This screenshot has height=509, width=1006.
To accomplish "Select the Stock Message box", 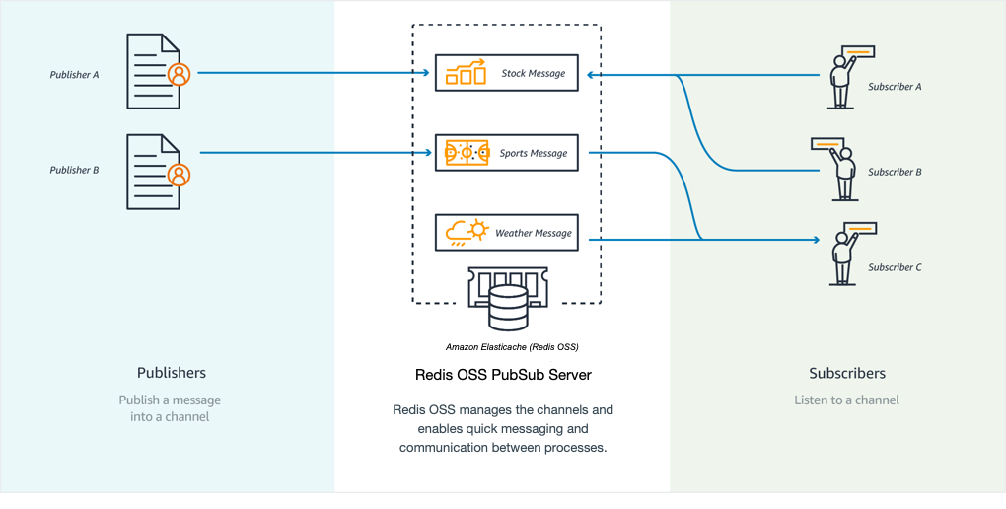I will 506,73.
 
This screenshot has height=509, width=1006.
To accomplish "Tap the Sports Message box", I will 506,153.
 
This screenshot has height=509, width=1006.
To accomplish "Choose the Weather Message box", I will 506,233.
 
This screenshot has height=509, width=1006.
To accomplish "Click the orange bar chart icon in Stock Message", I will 466,73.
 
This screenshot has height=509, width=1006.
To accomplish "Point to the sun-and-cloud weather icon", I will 467,233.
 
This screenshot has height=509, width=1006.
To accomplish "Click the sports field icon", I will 467,153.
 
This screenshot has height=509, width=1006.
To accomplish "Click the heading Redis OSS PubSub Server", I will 504,375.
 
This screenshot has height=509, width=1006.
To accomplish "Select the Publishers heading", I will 172,373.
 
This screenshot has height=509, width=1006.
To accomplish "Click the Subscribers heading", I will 847,373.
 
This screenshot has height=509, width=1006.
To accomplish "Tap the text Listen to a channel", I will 847,400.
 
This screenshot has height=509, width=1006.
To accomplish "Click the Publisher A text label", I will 75,74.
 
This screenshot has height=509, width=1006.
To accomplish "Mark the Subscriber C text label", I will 895,267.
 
